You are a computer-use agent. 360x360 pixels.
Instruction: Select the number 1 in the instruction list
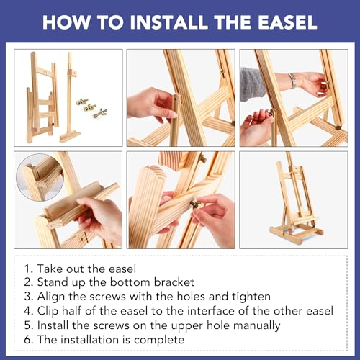tap(28, 269)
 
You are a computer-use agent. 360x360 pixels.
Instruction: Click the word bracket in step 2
tap(174, 282)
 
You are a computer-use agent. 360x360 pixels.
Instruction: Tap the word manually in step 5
tap(256, 326)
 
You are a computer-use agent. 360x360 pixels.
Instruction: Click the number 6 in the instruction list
tap(28, 340)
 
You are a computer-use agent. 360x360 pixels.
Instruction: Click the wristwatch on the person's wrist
tap(292, 80)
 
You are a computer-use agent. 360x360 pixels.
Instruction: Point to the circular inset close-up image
tap(40, 177)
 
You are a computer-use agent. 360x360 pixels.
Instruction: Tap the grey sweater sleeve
tap(251, 84)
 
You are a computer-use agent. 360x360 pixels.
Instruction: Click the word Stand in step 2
tap(53, 282)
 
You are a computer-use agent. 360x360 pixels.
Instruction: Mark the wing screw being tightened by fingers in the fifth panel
tap(196, 204)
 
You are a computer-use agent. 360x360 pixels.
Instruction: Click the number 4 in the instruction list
tap(28, 311)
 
